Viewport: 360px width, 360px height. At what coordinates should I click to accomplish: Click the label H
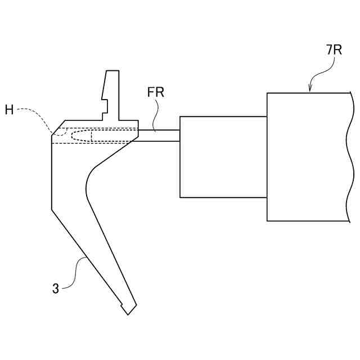coord(10,110)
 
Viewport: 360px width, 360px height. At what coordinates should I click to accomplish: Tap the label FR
coord(155,92)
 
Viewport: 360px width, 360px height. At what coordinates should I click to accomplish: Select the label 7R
coord(334,50)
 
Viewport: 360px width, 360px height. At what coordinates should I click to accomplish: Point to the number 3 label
coord(56,289)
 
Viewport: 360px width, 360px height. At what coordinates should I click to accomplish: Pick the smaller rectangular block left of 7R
coord(223,157)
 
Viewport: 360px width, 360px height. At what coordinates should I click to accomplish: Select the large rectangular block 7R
coord(307,157)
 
